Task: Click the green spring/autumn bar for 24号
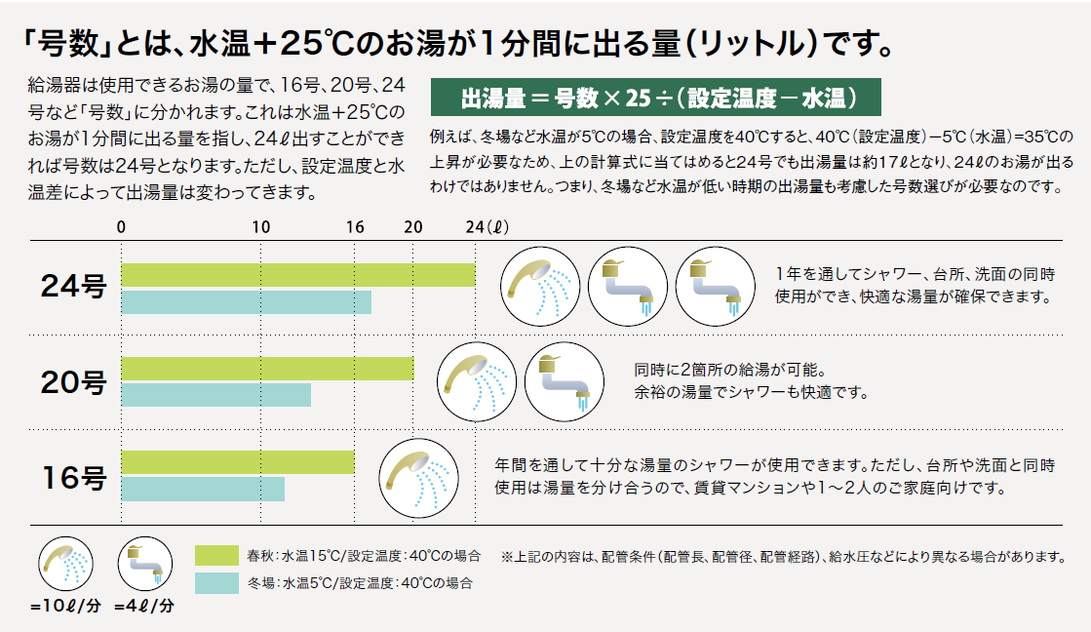[x=297, y=274]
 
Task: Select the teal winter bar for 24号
[x=246, y=302]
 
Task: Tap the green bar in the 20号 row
[x=267, y=368]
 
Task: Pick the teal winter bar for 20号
[x=215, y=395]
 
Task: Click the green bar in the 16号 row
[x=237, y=461]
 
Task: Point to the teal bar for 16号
[x=202, y=489]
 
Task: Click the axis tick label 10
[x=261, y=226]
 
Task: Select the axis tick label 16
[x=355, y=226]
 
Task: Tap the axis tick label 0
[x=121, y=226]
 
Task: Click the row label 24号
[x=73, y=287]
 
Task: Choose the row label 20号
[x=73, y=381]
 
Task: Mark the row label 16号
[x=73, y=476]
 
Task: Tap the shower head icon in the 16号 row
[x=418, y=475]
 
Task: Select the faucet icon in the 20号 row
[x=559, y=381]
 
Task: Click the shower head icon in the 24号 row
[x=540, y=288]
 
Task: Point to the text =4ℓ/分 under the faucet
[x=143, y=606]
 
